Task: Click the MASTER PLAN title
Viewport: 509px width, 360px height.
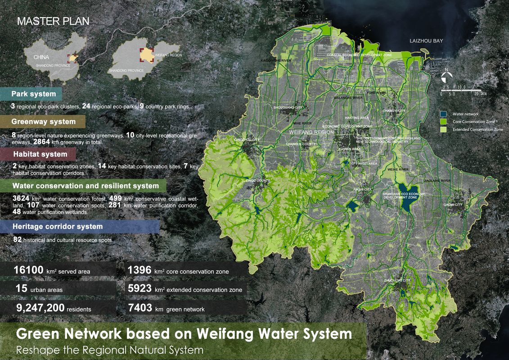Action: click(x=53, y=21)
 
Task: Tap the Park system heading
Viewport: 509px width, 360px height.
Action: click(x=34, y=94)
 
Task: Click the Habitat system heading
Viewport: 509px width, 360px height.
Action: click(x=40, y=154)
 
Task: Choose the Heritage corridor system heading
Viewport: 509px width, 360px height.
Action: click(x=58, y=226)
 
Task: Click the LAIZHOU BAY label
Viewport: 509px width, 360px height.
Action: click(x=426, y=41)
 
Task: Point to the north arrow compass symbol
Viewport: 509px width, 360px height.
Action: click(x=446, y=76)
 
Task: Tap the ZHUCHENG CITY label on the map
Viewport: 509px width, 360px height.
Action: click(x=397, y=280)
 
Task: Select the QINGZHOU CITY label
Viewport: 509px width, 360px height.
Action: click(x=247, y=140)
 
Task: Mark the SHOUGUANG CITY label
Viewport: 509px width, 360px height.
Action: click(x=288, y=108)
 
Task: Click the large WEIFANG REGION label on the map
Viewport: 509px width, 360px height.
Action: click(x=311, y=132)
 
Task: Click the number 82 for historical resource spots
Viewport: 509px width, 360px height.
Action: click(x=18, y=240)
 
